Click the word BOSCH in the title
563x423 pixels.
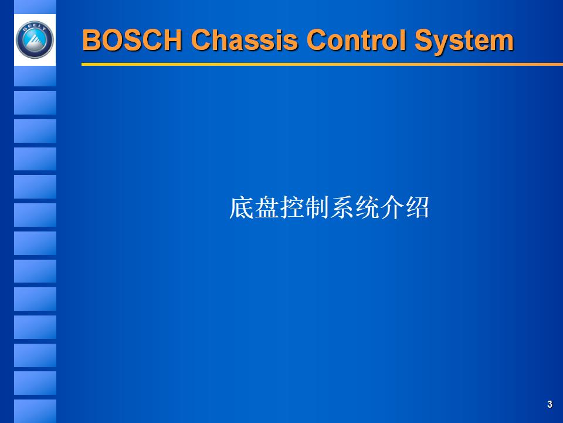[133, 41]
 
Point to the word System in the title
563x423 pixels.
[464, 41]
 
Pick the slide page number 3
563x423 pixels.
[550, 404]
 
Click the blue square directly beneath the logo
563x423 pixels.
[35, 76]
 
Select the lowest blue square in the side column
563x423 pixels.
[35, 411]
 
